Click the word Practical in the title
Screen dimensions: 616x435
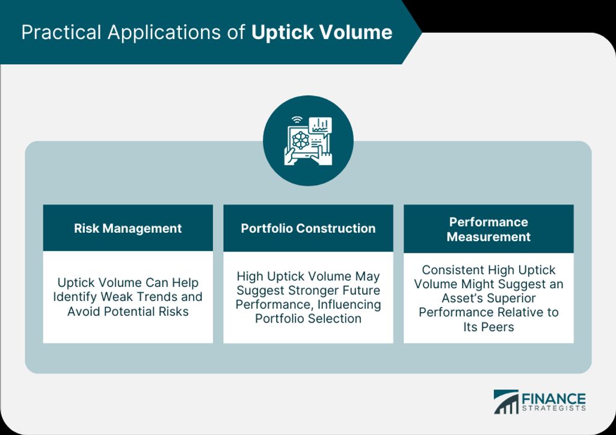(61, 32)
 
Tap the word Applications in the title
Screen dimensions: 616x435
(164, 33)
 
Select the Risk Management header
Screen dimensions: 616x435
(128, 228)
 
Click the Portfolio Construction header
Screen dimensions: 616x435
(308, 228)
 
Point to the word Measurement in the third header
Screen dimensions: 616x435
(488, 237)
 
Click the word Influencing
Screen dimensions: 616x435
(350, 305)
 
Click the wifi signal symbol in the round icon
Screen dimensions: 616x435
(297, 120)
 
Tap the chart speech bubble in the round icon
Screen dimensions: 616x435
(320, 126)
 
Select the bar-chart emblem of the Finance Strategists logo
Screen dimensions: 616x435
(506, 401)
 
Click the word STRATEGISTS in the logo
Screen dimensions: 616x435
(554, 409)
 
